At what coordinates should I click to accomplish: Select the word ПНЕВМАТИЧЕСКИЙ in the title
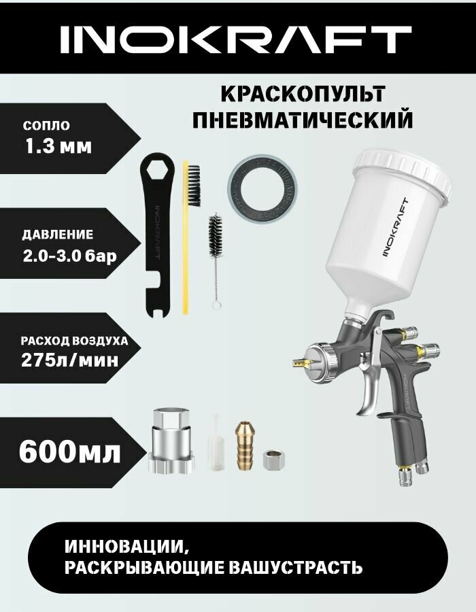coord(303,120)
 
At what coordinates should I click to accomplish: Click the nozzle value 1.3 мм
coord(57,146)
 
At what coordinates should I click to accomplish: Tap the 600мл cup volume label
coord(70,451)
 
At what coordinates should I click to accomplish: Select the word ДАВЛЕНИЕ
coord(57,235)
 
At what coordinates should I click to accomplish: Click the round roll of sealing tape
coord(265,188)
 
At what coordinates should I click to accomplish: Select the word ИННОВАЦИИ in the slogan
coord(125,547)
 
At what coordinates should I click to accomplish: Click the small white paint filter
coord(216,442)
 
